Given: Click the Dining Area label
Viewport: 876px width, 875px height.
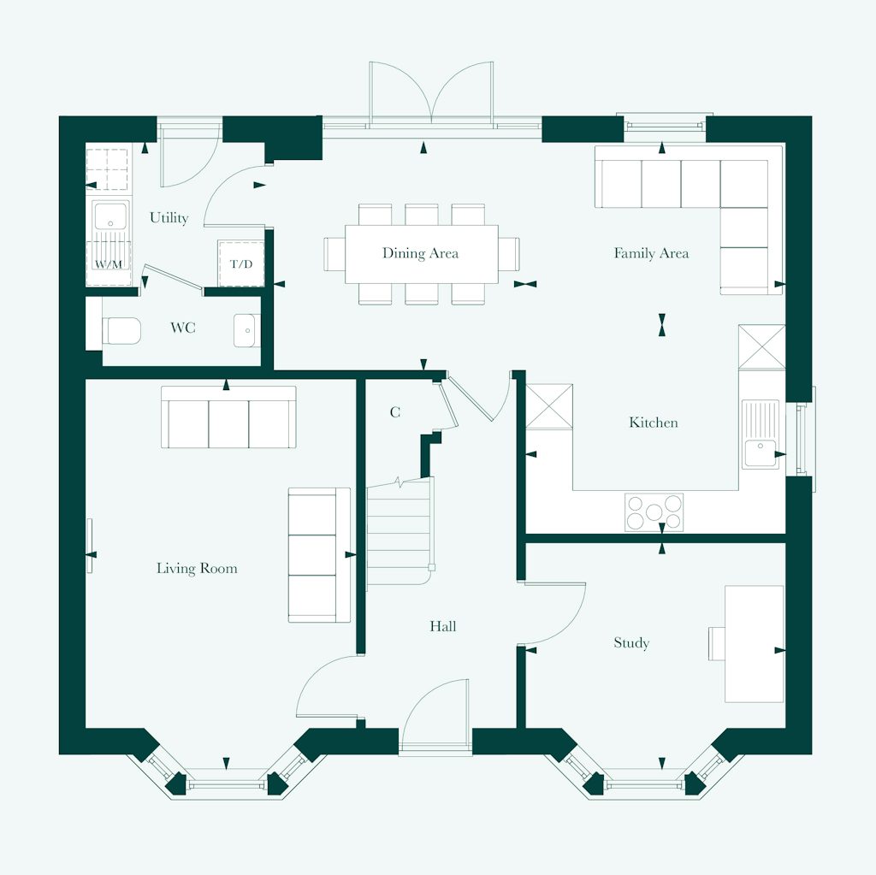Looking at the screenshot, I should [420, 253].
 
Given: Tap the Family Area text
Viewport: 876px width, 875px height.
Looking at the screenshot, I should [651, 253].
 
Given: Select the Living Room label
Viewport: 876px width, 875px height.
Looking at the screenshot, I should [197, 568].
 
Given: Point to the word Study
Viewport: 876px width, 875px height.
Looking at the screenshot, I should [631, 643].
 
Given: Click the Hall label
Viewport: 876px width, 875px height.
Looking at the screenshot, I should [443, 627].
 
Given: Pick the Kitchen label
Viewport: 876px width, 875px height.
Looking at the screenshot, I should [654, 423].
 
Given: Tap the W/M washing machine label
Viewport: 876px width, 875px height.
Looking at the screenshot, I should [108, 264].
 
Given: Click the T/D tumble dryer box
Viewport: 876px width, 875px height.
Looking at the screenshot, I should [241, 263].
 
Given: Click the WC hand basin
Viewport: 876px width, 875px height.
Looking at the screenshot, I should [246, 329].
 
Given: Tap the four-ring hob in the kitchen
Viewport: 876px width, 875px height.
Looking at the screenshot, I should [654, 512].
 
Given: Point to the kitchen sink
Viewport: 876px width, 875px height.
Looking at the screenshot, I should [760, 435].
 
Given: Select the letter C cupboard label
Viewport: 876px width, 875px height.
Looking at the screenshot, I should [395, 412].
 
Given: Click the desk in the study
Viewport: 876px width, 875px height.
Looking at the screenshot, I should [754, 643].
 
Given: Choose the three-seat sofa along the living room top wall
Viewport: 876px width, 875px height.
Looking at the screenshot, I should [229, 418].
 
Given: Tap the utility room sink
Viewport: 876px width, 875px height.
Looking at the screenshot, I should [110, 217].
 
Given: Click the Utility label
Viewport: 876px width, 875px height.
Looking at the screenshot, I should [169, 218].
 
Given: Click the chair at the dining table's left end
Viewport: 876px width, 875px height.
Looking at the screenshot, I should [334, 253].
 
